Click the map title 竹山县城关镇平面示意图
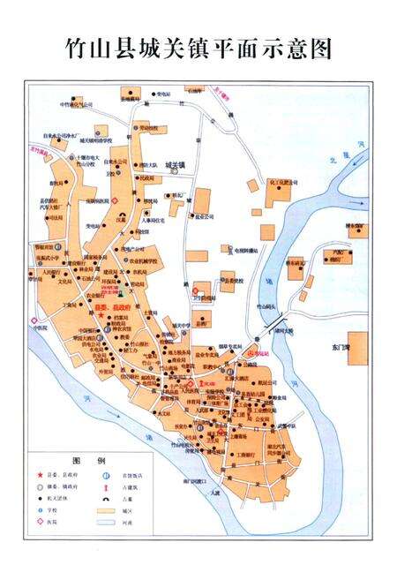click(x=198, y=48)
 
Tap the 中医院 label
click(x=41, y=325)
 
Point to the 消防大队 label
click(x=147, y=165)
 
